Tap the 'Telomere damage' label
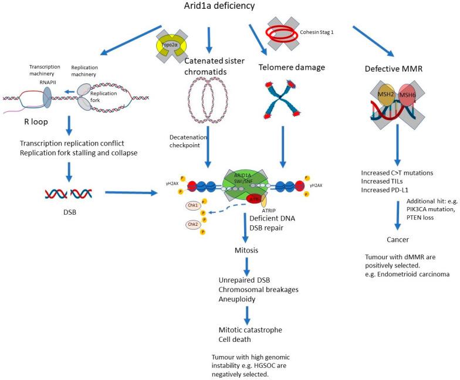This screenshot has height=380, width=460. [292, 67]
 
